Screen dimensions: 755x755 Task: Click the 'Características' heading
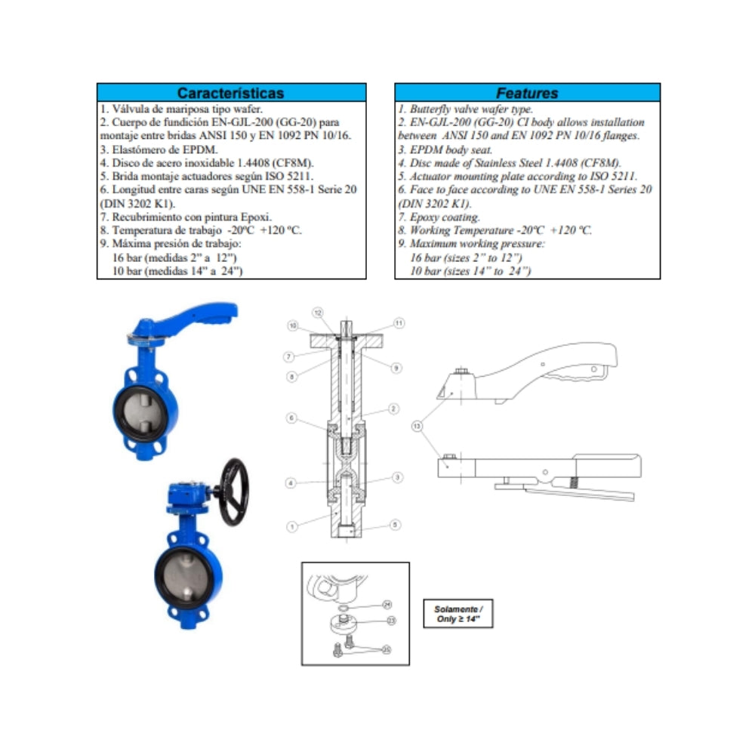click(230, 93)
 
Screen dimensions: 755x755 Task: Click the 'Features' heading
click(527, 93)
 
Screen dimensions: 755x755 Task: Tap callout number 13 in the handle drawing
click(417, 426)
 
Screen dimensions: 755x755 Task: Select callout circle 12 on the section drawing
click(318, 313)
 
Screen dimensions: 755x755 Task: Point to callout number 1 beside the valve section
click(292, 527)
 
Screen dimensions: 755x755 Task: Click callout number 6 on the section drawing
click(291, 418)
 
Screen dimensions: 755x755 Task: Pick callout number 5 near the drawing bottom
click(395, 525)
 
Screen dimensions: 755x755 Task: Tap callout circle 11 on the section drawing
click(399, 323)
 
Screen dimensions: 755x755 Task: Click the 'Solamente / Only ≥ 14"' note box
click(458, 613)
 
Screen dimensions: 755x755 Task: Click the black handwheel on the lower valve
click(234, 492)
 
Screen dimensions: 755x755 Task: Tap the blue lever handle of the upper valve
click(193, 317)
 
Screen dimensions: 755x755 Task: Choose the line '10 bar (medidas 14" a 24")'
click(177, 271)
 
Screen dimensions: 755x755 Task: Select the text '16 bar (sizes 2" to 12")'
click(466, 257)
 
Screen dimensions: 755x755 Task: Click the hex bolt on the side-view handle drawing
click(461, 371)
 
